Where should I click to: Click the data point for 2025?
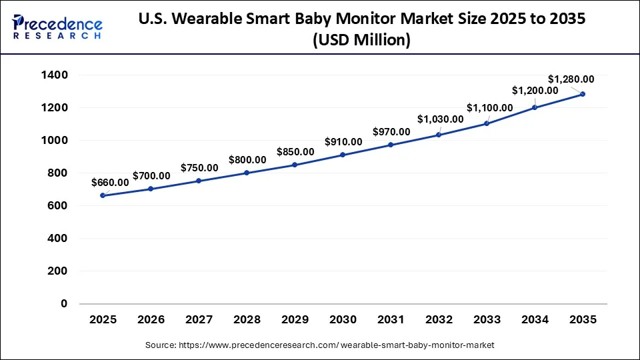point(103,195)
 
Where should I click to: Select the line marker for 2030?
point(343,155)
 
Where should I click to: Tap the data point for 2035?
point(583,94)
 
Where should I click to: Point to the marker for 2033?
point(487,123)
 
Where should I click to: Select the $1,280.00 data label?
point(571,79)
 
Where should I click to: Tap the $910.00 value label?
point(343,141)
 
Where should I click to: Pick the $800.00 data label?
point(247,159)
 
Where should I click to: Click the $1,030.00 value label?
point(441,119)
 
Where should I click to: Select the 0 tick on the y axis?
point(64,304)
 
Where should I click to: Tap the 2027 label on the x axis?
point(199,320)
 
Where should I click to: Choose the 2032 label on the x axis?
point(439,320)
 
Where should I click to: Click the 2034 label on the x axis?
point(535,320)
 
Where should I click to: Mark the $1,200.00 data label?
point(535,90)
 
